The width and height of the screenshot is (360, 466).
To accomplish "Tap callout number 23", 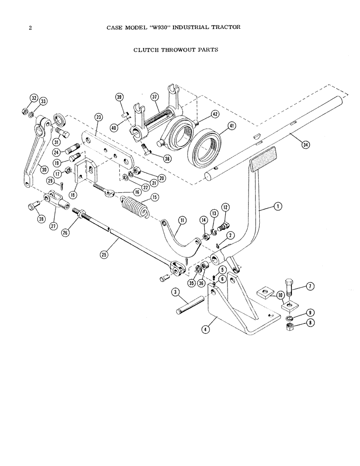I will tap(98, 117).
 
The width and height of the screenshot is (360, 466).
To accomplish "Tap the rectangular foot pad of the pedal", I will tap(263, 157).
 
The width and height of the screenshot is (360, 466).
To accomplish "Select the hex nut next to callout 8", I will tap(289, 326).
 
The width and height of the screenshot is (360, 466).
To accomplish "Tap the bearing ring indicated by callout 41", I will tap(205, 149).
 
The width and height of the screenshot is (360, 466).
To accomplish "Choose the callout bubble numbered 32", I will tap(34, 98).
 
